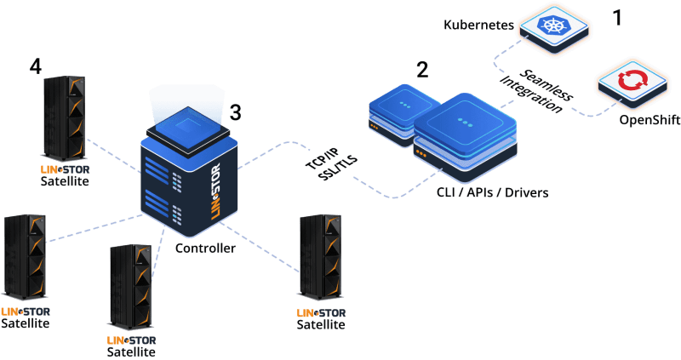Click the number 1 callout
(x=618, y=16)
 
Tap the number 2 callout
(x=422, y=69)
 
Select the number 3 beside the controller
(x=236, y=111)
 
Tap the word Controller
(x=204, y=249)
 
